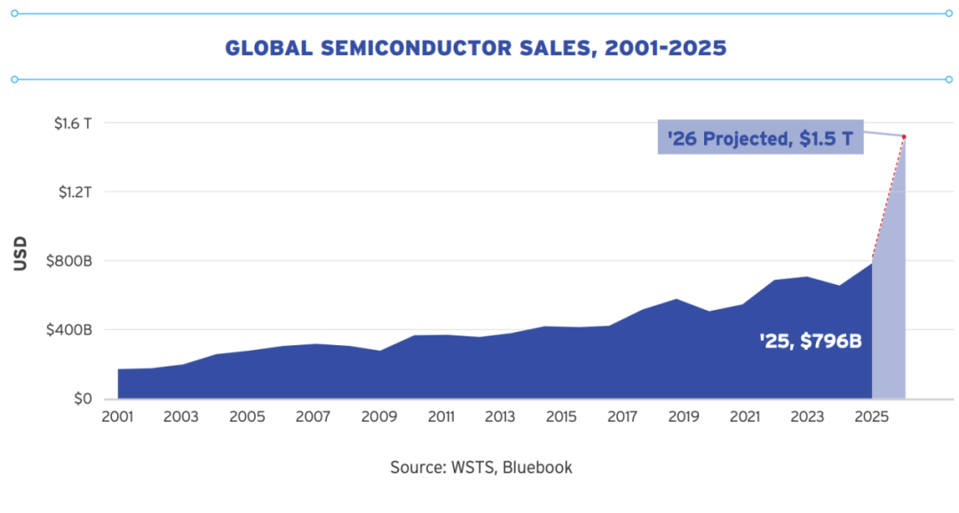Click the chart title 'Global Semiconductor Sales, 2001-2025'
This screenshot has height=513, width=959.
pos(476,48)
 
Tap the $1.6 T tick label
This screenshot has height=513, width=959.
pos(73,123)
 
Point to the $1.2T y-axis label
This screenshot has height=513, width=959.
pos(75,192)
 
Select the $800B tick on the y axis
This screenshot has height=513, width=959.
pos(68,261)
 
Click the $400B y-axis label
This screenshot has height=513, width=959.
pos(68,330)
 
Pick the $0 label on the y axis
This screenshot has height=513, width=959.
pos(83,399)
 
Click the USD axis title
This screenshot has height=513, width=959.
pos(20,253)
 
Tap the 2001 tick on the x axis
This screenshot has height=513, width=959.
pos(117,417)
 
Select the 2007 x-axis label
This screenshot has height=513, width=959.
pos(313,417)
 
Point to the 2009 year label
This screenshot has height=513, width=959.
pos(379,417)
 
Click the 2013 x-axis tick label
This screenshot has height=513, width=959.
pos(500,417)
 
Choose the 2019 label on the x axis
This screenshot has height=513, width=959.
pos(683,417)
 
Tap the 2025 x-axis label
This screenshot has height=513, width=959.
pos(872,417)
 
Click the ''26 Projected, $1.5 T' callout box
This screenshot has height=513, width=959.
pos(760,137)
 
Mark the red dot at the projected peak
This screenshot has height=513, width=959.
pos(904,137)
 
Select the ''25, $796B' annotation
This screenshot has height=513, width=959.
pos(811,341)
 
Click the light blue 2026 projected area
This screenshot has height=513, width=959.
pos(890,305)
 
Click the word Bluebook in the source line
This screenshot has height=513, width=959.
pos(537,468)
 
